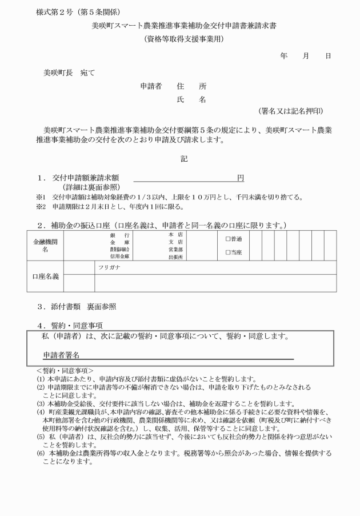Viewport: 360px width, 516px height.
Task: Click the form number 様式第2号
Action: coord(58,12)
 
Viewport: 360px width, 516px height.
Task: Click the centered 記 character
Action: coord(184,158)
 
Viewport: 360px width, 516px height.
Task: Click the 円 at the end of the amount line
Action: coord(241,178)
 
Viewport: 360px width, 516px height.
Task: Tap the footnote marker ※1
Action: coord(41,198)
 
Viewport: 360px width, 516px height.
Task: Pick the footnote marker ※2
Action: coord(41,207)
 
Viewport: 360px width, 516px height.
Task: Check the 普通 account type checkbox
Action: coord(228,239)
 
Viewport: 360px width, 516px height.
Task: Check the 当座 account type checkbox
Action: coord(228,252)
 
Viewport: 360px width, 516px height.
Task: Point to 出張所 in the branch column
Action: coord(175,258)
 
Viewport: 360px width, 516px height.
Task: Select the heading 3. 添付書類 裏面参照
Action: coord(77,306)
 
